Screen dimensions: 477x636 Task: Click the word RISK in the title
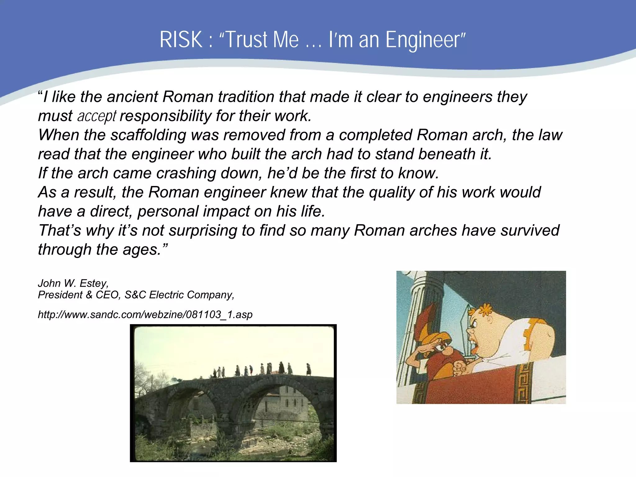[181, 40]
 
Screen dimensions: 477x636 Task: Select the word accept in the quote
[97, 116]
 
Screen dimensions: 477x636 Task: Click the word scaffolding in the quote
[148, 135]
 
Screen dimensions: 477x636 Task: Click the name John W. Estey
[73, 283]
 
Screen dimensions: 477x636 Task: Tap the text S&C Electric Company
[179, 295]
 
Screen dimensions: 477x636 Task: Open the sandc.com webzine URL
[145, 315]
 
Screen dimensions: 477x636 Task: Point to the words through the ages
[102, 250]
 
